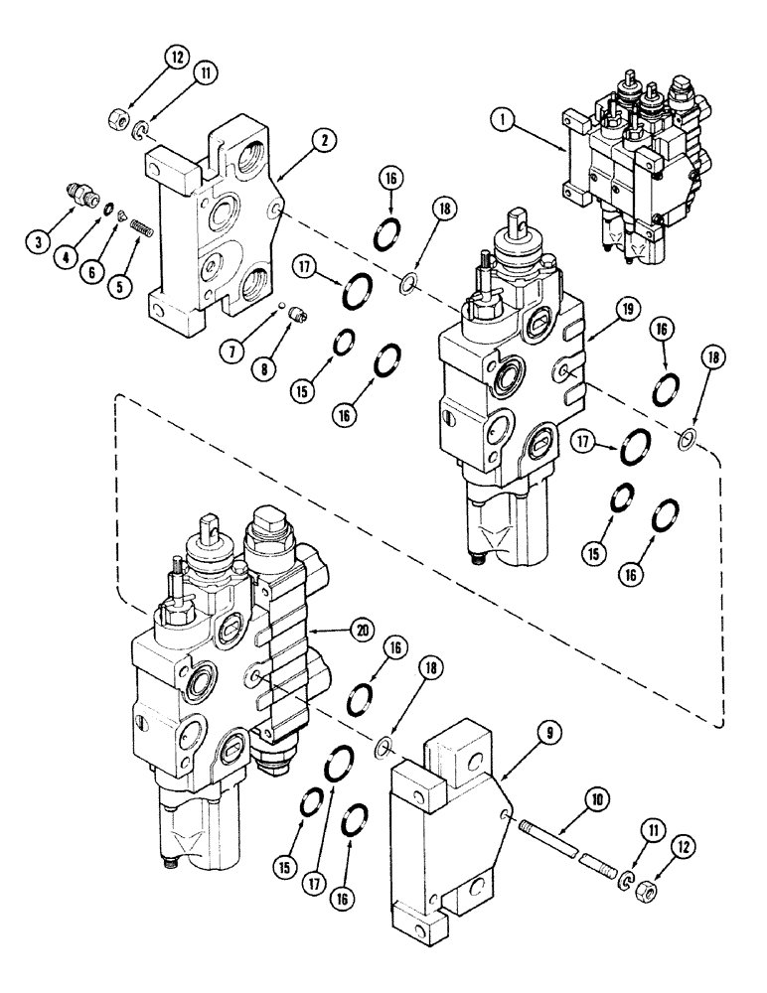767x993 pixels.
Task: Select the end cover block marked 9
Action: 447,824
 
